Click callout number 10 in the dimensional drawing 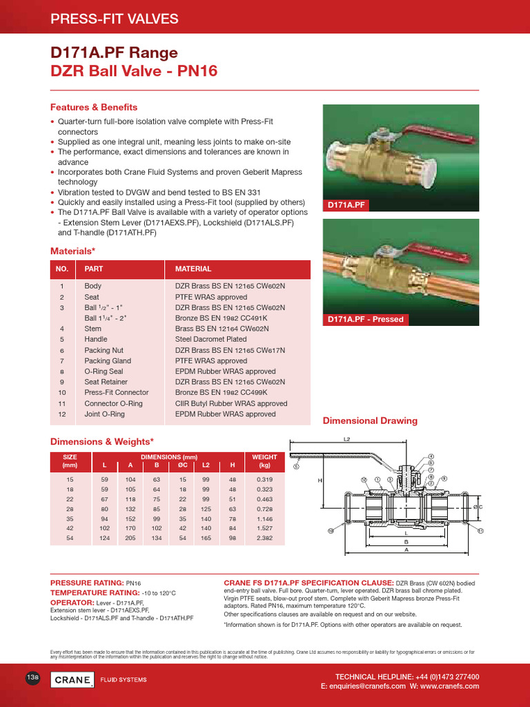coord(331,530)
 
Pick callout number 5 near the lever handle coord(297,466)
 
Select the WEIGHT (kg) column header coord(264,461)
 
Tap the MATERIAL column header coord(193,269)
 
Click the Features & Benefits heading coord(94,108)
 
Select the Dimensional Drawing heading coord(371,420)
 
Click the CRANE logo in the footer coord(72,679)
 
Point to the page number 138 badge coord(32,679)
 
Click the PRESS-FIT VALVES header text coord(115,19)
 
